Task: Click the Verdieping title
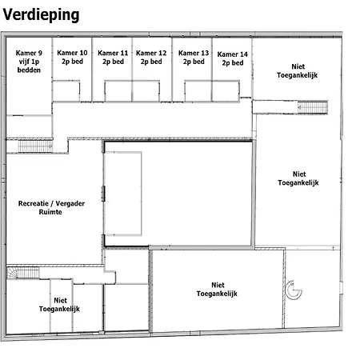coord(41,15)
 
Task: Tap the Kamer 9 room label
coord(29,62)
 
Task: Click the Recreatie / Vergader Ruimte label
coord(51,208)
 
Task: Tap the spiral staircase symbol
coord(294,290)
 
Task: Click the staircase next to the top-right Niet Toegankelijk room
coord(313,107)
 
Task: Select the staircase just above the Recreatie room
coord(35,146)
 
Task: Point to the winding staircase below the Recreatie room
coord(23,273)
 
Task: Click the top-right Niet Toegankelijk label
coord(298,70)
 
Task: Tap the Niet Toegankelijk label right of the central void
coord(298,178)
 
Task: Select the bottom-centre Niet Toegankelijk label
coord(217,290)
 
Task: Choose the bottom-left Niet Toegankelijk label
coord(59,305)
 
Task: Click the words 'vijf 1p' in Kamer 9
coord(29,62)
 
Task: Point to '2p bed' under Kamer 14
coord(233,63)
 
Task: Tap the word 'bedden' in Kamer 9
coord(29,70)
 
